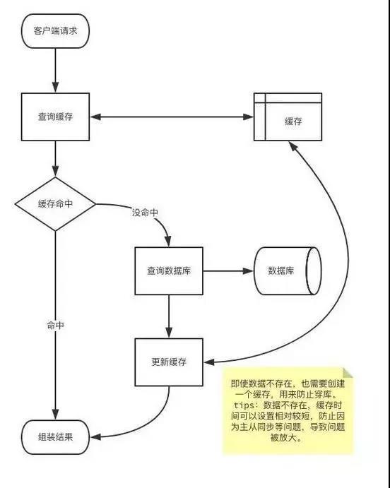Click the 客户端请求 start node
(55, 31)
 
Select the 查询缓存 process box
(55, 117)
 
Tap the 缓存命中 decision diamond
(55, 204)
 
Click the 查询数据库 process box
(169, 270)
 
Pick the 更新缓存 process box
(169, 362)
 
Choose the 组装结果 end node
(55, 437)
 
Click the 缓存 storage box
(288, 117)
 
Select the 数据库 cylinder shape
(288, 270)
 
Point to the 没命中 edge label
(145, 213)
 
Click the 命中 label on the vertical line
(55, 326)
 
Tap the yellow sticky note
(288, 411)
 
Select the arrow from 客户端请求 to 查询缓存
(55, 71)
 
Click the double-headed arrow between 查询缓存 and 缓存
(172, 117)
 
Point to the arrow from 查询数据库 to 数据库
(228, 270)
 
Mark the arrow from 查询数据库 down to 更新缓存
(169, 316)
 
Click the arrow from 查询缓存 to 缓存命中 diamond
(55, 159)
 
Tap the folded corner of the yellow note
(348, 373)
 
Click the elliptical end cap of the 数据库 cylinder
(314, 270)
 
